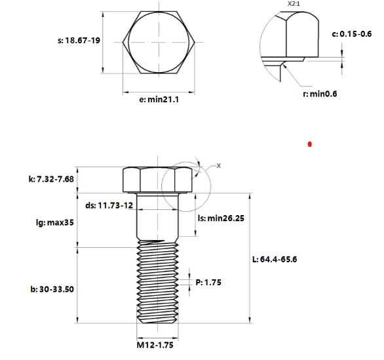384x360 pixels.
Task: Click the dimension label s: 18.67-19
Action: pos(79,40)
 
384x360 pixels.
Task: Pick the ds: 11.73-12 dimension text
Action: pos(107,205)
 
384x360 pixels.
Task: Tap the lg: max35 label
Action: pos(55,223)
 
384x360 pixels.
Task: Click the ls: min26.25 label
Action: pos(221,218)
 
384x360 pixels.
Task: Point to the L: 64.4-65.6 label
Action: pos(275,259)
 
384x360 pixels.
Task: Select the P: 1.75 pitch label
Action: pos(208,282)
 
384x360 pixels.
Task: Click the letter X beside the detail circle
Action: pos(219,166)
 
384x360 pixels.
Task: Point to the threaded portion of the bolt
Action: pos(158,282)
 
